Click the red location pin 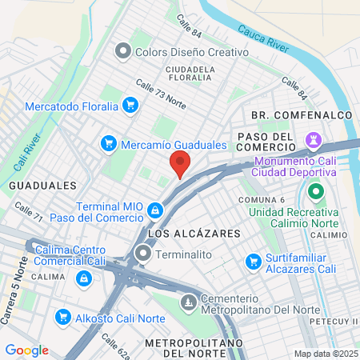point(180,164)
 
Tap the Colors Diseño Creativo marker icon point(122,52)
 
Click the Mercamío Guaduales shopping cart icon point(108,144)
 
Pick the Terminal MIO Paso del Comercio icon point(155,211)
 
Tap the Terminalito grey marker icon point(143,254)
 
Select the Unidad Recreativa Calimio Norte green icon point(315,192)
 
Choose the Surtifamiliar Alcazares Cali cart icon point(254,261)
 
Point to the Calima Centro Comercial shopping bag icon point(82,278)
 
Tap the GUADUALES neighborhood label point(30,185)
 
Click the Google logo point(26,350)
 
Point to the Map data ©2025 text point(325,353)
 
